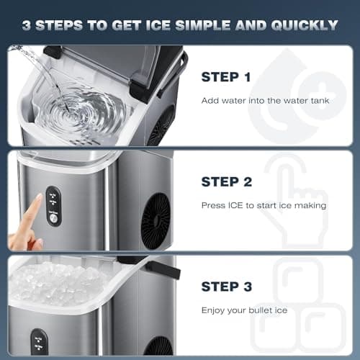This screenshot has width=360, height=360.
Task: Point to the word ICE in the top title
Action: pyautogui.click(x=170, y=25)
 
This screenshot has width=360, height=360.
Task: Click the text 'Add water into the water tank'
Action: pyautogui.click(x=264, y=100)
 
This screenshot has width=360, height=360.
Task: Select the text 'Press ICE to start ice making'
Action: pyautogui.click(x=264, y=205)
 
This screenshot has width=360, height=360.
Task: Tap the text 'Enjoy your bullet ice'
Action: pyautogui.click(x=244, y=310)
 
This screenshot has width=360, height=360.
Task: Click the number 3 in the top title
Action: pyautogui.click(x=26, y=25)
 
